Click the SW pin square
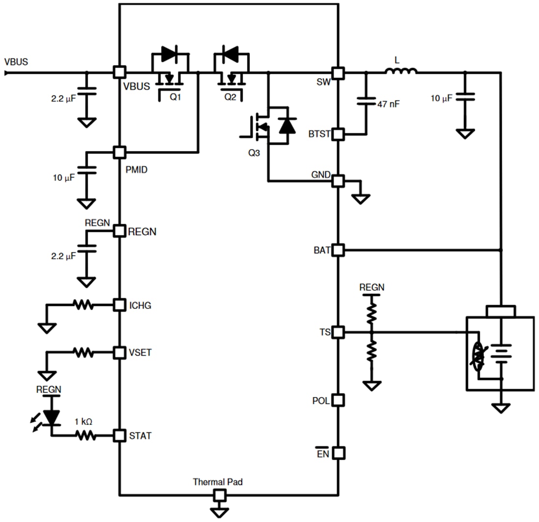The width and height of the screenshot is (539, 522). click(338, 73)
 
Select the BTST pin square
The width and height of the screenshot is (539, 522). click(338, 133)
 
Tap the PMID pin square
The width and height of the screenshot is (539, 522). click(119, 152)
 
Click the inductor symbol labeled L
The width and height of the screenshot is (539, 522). click(401, 72)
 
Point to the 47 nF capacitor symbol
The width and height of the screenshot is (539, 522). click(365, 101)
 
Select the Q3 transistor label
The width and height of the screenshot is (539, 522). click(254, 152)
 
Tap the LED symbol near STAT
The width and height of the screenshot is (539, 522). click(50, 416)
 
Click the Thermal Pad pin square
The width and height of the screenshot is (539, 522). click(219, 496)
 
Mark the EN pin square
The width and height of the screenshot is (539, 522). click(338, 452)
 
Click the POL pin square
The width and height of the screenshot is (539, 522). click(338, 400)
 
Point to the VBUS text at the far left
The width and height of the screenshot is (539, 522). click(16, 62)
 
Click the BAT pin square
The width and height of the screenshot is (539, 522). click(338, 250)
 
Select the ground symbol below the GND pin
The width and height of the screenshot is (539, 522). click(361, 198)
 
